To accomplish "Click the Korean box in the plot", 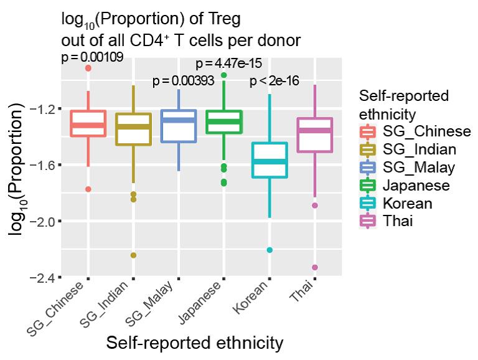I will tap(269, 160).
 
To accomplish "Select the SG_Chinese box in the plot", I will tap(88, 123).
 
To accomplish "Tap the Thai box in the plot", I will tap(315, 135).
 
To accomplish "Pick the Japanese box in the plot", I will tap(224, 121).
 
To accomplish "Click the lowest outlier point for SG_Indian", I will tap(133, 255).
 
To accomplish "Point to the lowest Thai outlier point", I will tap(315, 267).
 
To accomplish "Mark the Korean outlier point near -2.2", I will tap(269, 250).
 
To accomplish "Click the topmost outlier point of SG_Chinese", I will tap(88, 68).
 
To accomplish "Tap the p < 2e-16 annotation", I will tap(274, 81).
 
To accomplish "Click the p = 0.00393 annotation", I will tap(184, 81).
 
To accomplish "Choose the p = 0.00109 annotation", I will tap(92, 57).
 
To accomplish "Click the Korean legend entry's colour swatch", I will tap(368, 203).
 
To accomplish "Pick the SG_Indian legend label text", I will tap(419, 149).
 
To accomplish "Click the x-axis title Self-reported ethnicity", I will tap(195, 343).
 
